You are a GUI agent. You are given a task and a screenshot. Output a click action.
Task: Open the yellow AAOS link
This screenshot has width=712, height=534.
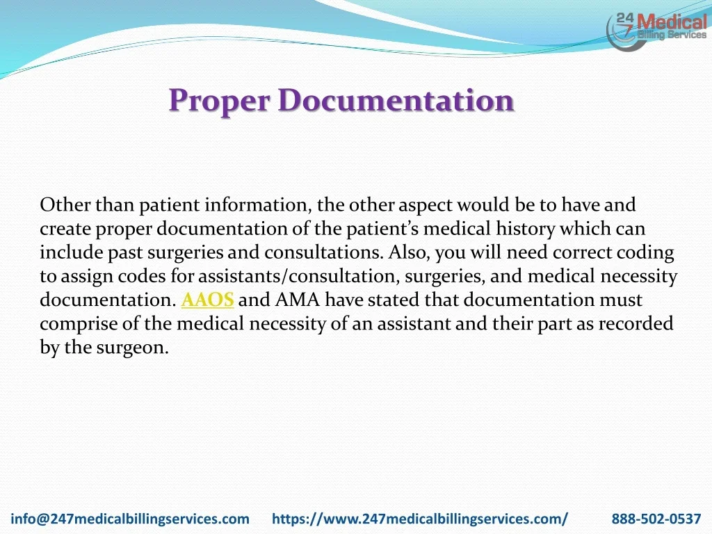(x=207, y=300)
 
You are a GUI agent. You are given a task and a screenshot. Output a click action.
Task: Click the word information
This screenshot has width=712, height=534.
(x=258, y=205)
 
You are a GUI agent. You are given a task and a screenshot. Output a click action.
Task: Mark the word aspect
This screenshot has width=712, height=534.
(x=426, y=206)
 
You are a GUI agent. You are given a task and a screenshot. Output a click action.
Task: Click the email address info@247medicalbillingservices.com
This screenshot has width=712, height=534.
(x=130, y=519)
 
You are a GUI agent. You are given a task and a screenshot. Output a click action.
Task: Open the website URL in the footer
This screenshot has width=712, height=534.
(x=420, y=519)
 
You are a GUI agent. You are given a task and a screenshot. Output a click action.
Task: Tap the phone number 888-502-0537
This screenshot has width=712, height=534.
(x=656, y=519)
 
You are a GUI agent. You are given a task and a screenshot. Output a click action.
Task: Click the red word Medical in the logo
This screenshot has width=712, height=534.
(x=672, y=22)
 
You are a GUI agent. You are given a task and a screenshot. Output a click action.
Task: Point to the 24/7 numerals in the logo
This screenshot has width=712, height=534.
(x=624, y=24)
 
